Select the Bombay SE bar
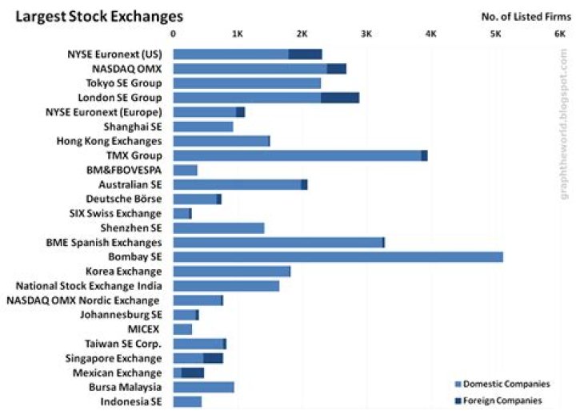pos(338,256)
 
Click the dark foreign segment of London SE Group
pos(339,98)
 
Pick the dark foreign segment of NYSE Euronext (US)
pos(305,54)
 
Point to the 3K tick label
pos(366,34)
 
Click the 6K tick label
pos(559,34)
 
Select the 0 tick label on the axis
pos(174,34)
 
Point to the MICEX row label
pos(144,328)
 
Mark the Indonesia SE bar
pos(187,401)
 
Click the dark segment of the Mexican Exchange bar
pos(193,373)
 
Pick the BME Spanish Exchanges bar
pos(278,242)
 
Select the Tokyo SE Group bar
pos(246,83)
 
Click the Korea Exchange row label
pos(128,271)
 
